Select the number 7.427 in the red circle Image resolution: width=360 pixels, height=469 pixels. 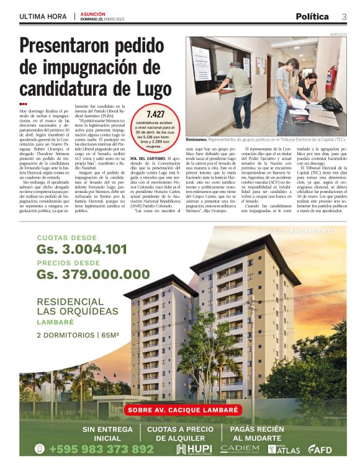tap(155, 115)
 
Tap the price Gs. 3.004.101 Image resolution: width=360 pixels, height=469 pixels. tap(81, 249)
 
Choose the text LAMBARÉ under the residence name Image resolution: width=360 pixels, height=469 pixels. tap(55, 322)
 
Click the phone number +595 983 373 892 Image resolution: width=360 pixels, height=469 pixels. tap(101, 449)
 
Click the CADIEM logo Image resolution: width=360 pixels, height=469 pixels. tap(240, 448)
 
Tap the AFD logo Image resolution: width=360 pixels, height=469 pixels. tap(320, 449)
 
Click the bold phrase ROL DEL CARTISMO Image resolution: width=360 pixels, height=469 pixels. tap(147, 159)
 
